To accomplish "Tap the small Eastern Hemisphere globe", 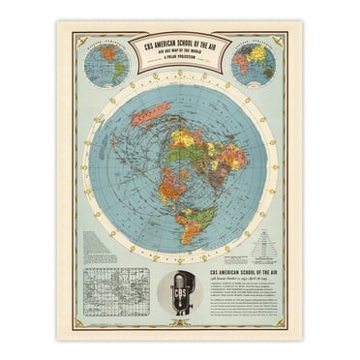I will (x=255, y=64).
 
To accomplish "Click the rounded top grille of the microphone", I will (x=182, y=279).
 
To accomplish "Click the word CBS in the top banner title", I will (x=147, y=45).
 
